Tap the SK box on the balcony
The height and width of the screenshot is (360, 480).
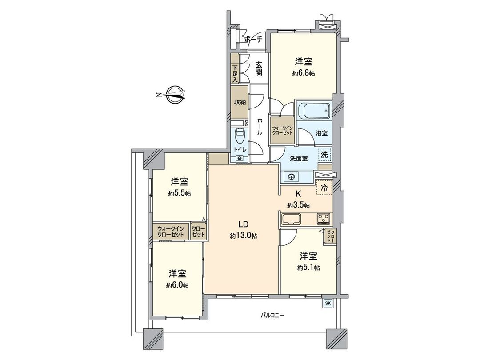tap(328, 303)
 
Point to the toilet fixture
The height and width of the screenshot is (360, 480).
tap(240, 135)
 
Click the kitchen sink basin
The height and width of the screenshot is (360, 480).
tap(291, 219)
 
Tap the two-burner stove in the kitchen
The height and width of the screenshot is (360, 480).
tap(323, 218)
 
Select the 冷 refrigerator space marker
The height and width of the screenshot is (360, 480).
tap(324, 188)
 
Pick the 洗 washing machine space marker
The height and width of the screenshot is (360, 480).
tap(324, 155)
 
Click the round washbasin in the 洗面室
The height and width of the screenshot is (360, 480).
tap(292, 176)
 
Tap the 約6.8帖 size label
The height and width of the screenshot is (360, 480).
tap(304, 74)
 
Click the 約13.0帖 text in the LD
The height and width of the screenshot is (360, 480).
tap(243, 236)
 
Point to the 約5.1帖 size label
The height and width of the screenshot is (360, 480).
tap(308, 268)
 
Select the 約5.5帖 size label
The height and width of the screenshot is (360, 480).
tap(180, 193)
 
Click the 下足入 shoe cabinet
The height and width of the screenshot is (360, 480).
tap(235, 74)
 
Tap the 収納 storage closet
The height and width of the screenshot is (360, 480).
tap(240, 102)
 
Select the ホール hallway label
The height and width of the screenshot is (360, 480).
tap(259, 127)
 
